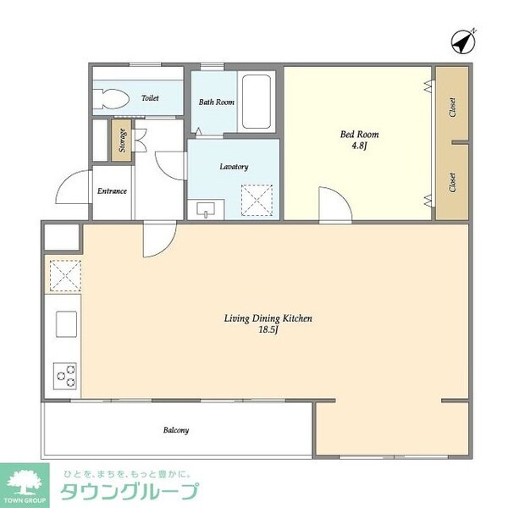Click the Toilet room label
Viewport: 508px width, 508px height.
point(150,98)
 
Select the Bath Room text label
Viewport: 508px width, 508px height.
point(216,102)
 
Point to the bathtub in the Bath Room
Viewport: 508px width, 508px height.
point(256,102)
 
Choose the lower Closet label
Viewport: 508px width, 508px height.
point(453,181)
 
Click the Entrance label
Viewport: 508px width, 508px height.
point(112,191)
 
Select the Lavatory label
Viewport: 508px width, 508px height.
point(234,167)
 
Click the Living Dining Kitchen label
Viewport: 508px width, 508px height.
point(268,318)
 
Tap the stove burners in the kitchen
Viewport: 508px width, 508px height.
point(65,373)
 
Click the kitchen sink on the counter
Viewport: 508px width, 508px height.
point(65,323)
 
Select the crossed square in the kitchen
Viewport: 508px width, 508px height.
point(63,275)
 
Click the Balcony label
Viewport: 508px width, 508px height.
point(175,430)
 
